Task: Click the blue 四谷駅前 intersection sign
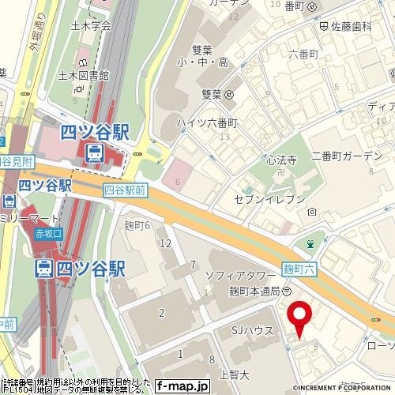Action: tap(125, 190)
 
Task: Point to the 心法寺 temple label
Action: tap(281, 160)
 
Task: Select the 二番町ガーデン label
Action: tap(346, 155)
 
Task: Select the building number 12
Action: tap(165, 243)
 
